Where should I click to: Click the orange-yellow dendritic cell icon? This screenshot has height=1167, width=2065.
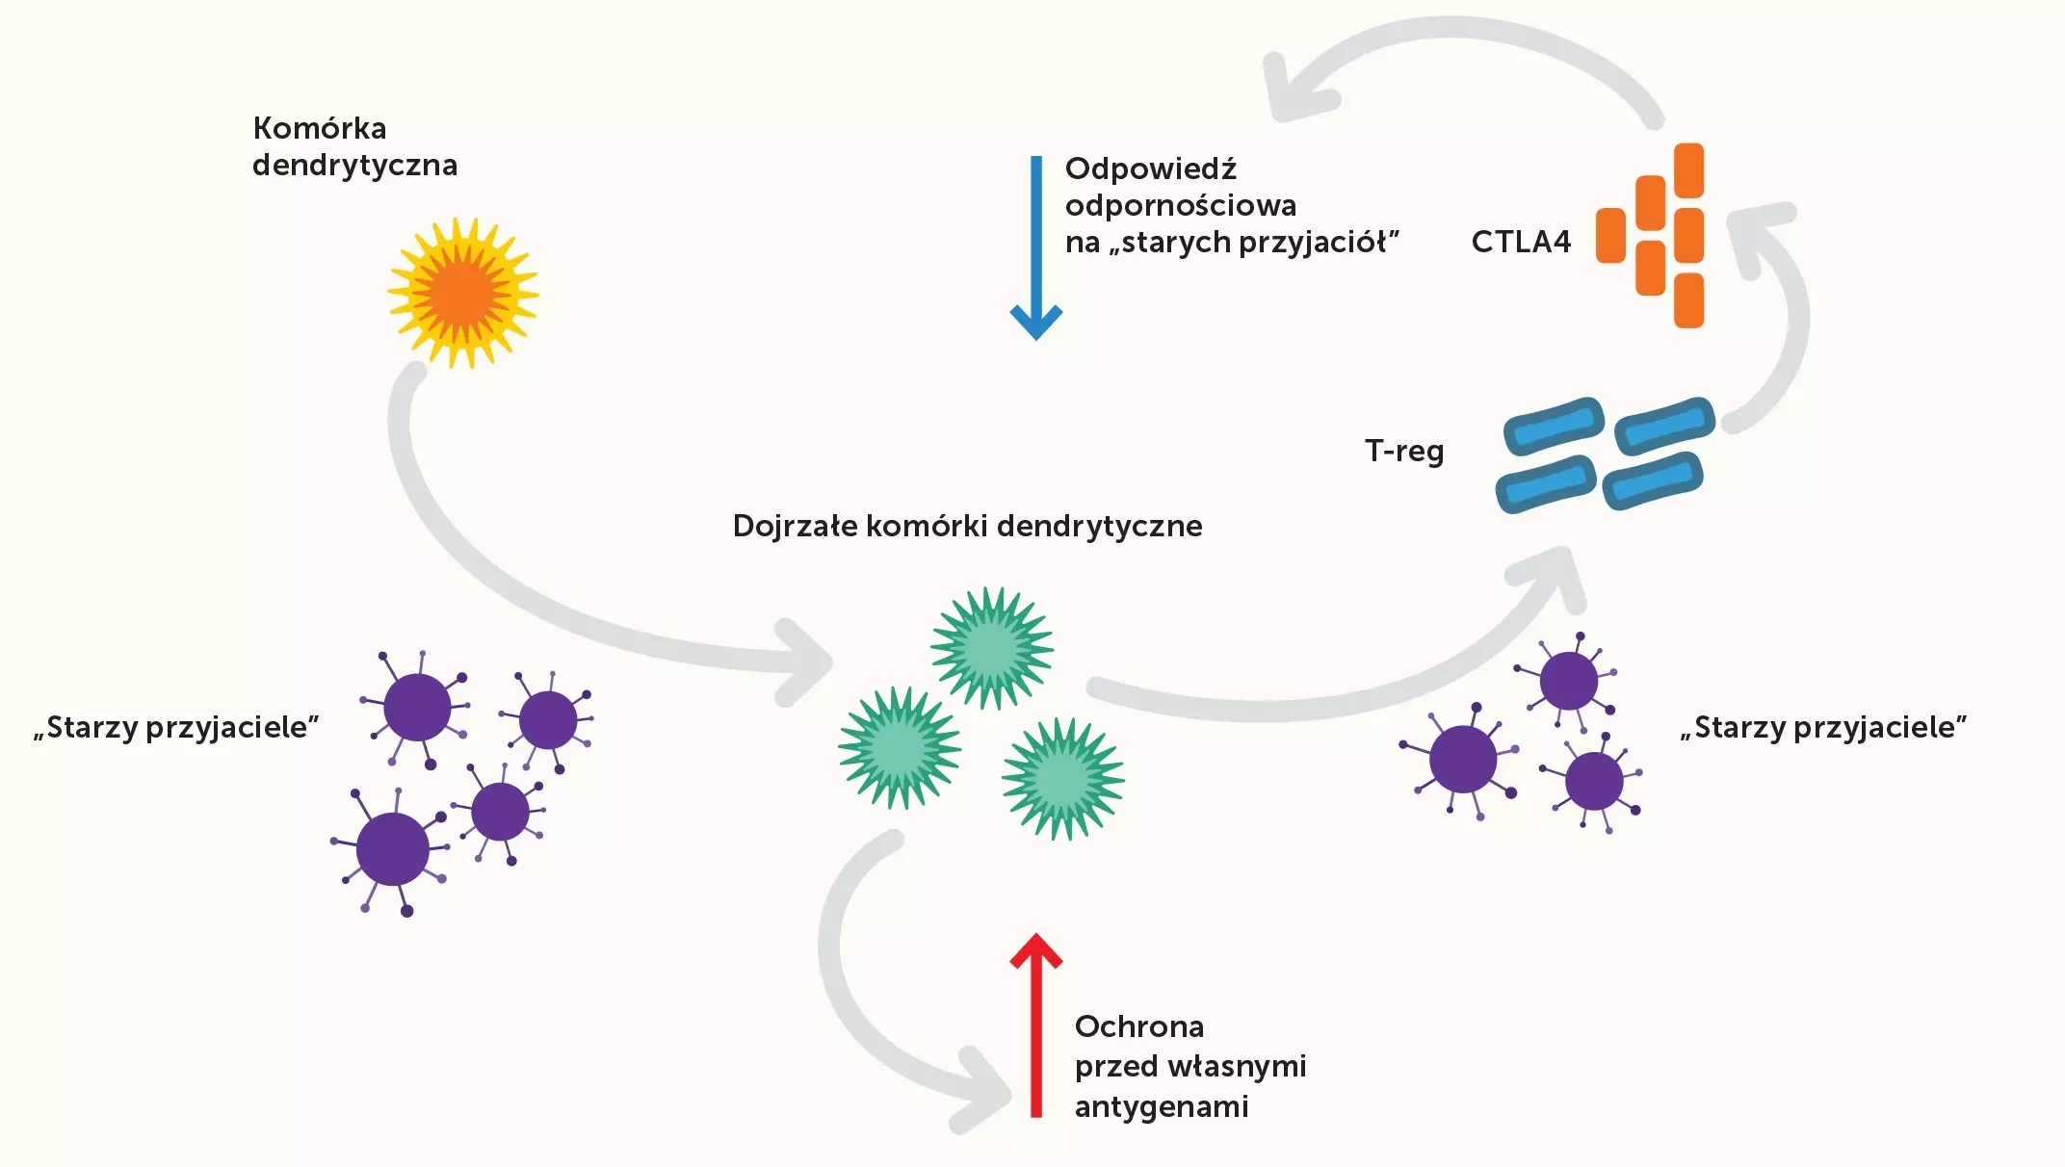pyautogui.click(x=463, y=293)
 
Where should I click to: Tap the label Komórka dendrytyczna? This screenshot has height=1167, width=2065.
pyautogui.click(x=354, y=146)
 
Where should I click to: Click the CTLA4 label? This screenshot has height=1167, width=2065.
pyautogui.click(x=1521, y=242)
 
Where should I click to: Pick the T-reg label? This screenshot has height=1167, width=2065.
pyautogui.click(x=1404, y=451)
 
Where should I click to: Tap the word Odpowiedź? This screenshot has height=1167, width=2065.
pyautogui.click(x=1150, y=169)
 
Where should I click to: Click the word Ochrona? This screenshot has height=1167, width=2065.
pyautogui.click(x=1139, y=1026)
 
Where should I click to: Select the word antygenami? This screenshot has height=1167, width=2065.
pyautogui.click(x=1162, y=1107)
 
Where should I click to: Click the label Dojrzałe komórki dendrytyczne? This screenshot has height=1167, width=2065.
pyautogui.click(x=967, y=526)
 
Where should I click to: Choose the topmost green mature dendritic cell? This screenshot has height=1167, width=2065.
pyautogui.click(x=991, y=647)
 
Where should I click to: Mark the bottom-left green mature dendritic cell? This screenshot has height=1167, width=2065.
pyautogui.click(x=900, y=747)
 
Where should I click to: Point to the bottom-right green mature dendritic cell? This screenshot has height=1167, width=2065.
pyautogui.click(x=1062, y=778)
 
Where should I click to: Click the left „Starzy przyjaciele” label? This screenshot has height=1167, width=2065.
pyautogui.click(x=176, y=727)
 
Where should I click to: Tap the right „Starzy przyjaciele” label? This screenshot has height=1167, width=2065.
pyautogui.click(x=1823, y=727)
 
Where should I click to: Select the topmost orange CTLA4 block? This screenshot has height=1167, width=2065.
pyautogui.click(x=1689, y=170)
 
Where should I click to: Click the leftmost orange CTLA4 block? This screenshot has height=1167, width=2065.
pyautogui.click(x=1610, y=235)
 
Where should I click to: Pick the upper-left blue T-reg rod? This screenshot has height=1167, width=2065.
pyautogui.click(x=1554, y=426)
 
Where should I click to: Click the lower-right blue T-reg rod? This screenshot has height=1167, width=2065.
pyautogui.click(x=1653, y=480)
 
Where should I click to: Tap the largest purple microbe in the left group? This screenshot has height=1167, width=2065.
pyautogui.click(x=392, y=849)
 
